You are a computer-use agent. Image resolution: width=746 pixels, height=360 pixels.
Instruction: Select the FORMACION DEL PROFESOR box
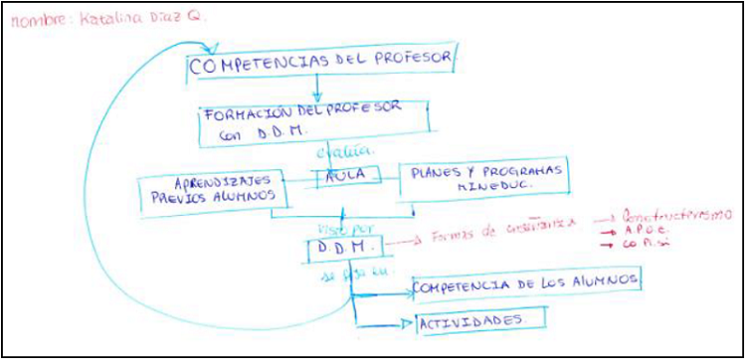click(x=314, y=120)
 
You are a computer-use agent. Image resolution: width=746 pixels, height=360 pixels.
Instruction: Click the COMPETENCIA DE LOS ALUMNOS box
click(x=524, y=282)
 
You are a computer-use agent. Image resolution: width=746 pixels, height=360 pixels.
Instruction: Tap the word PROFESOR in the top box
click(x=407, y=60)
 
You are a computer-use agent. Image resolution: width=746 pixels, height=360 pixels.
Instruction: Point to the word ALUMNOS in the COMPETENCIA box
click(x=597, y=281)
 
